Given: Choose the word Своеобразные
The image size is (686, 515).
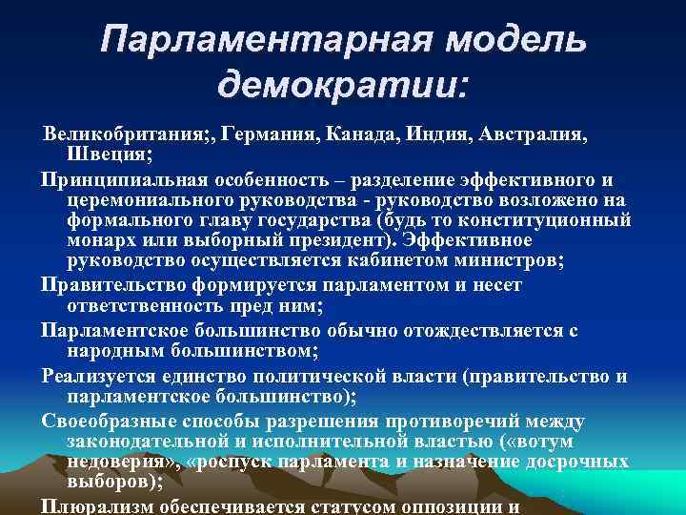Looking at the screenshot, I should click(107, 422).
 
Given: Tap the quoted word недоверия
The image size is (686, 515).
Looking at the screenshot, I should click(113, 462).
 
